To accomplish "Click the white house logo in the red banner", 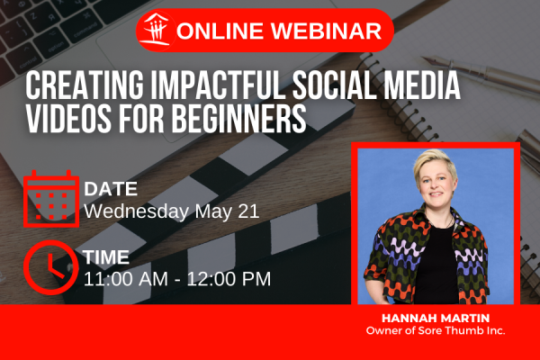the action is [157, 30].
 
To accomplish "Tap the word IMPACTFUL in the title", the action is [218, 85].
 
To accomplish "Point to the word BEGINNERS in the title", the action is [239, 117].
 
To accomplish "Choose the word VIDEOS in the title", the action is [68, 117].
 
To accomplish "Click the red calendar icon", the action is [51, 199].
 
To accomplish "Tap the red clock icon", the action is [51, 267].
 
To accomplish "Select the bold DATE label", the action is [111, 189].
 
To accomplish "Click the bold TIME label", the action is [106, 257].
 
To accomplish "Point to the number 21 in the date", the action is [248, 211].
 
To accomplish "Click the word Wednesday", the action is [137, 211].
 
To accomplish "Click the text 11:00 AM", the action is [126, 279].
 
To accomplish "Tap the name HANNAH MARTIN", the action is [436, 318].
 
